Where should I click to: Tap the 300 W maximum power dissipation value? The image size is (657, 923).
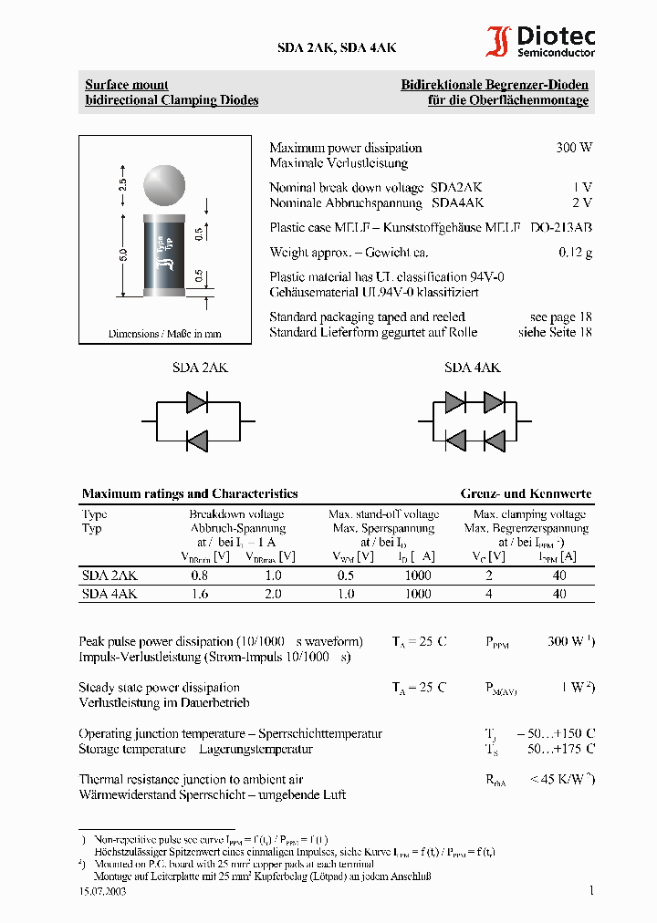click(574, 148)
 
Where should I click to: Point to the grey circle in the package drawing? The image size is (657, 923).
click(165, 183)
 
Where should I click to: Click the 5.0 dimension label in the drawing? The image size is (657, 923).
click(122, 257)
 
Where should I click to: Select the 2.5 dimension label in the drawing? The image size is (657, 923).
click(122, 183)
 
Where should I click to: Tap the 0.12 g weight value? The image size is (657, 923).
click(575, 253)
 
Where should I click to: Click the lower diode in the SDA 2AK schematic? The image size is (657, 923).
click(197, 440)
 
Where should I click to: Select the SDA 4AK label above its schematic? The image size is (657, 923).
click(472, 368)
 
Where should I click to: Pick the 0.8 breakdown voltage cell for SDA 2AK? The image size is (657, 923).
click(199, 576)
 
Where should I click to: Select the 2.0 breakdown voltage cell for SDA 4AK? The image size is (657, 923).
click(272, 594)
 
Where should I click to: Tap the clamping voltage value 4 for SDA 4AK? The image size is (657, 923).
click(489, 594)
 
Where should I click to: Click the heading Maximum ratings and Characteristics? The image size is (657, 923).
click(190, 493)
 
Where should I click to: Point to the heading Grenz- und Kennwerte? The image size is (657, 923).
click(526, 493)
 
